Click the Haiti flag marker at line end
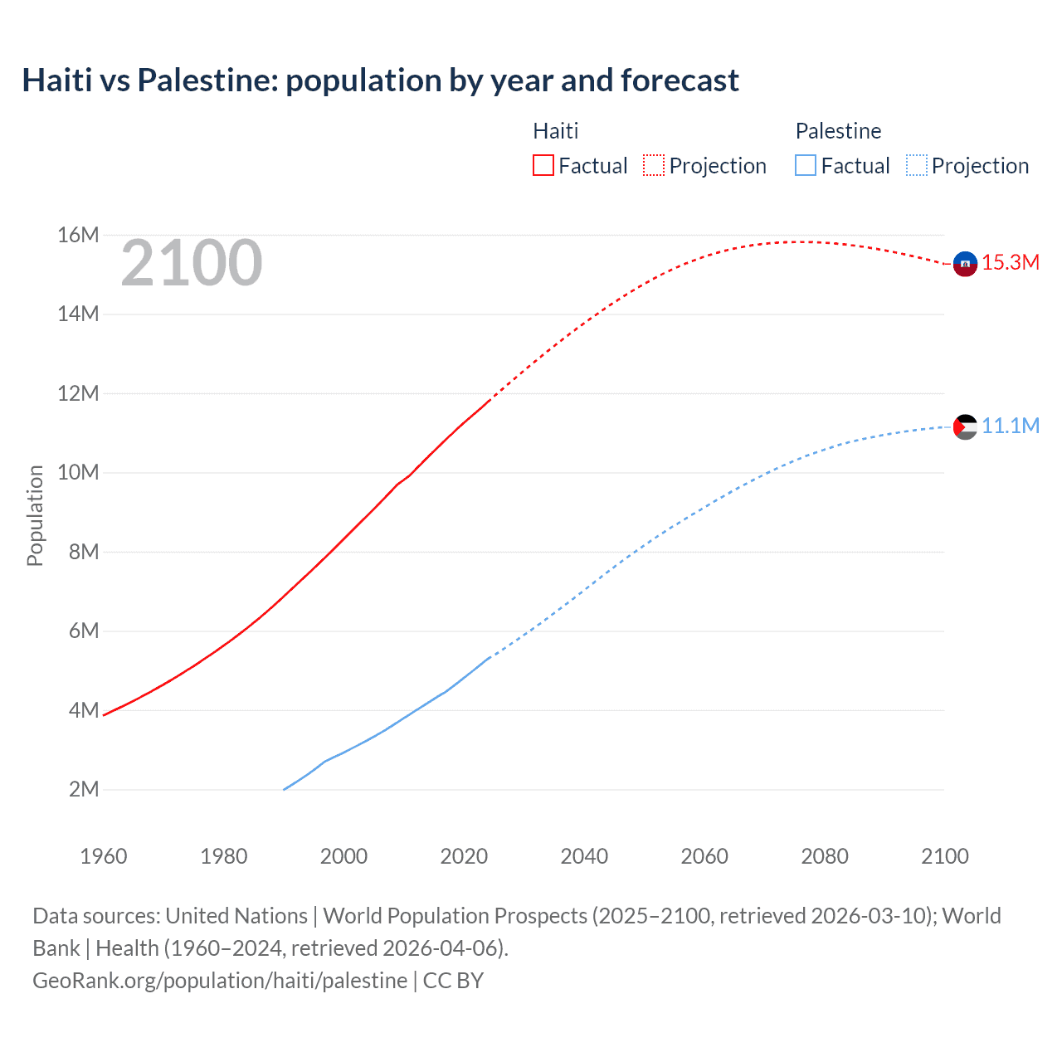click(x=965, y=264)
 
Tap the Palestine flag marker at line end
click(x=965, y=426)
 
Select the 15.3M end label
click(x=1011, y=263)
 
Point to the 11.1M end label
click(x=1011, y=426)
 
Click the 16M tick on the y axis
click(x=78, y=236)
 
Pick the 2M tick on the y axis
click(x=84, y=789)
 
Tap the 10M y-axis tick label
click(x=78, y=473)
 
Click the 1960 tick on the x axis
click(x=104, y=856)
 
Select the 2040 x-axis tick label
click(x=584, y=856)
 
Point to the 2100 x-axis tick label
click(x=944, y=856)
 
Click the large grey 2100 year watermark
click(x=192, y=264)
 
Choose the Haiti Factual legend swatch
click(x=543, y=165)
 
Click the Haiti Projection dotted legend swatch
click(x=654, y=165)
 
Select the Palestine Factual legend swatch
click(x=806, y=165)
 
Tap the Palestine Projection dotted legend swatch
click(x=916, y=165)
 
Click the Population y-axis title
click(x=35, y=515)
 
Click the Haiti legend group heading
click(x=555, y=131)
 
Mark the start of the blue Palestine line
click(x=285, y=789)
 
